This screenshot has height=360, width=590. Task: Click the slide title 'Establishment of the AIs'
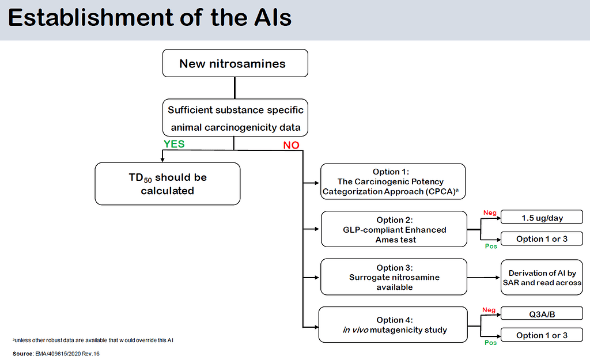(x=150, y=18)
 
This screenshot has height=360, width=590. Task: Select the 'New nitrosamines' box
(x=235, y=63)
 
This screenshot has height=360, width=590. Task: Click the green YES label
(x=173, y=144)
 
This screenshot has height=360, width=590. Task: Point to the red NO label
(x=291, y=145)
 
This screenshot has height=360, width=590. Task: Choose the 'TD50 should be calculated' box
(x=167, y=184)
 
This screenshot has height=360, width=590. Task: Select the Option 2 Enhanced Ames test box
(x=394, y=229)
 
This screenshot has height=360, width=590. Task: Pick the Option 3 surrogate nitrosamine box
(x=394, y=277)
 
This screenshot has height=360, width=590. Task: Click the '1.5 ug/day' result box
(x=542, y=217)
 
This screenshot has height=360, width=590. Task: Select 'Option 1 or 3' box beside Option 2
(x=542, y=238)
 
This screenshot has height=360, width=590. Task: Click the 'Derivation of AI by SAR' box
(x=542, y=278)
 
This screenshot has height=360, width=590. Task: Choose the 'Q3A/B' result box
(x=542, y=314)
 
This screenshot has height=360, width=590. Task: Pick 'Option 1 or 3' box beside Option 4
(x=542, y=335)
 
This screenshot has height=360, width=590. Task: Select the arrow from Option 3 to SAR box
(x=484, y=277)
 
